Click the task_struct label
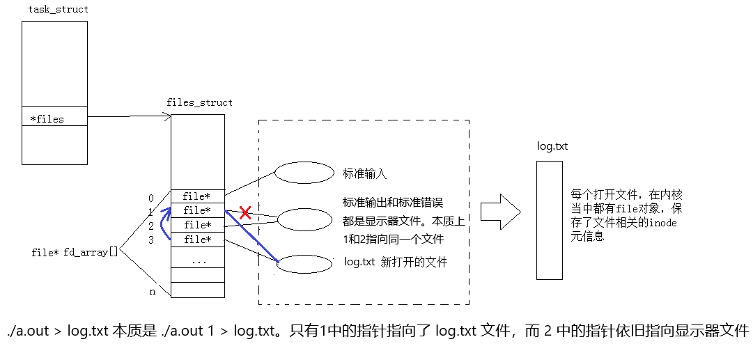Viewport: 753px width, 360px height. [58, 10]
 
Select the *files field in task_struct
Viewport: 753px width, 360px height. [47, 119]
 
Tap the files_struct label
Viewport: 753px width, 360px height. [199, 102]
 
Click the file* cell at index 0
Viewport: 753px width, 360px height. [198, 196]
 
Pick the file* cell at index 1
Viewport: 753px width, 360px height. [198, 210]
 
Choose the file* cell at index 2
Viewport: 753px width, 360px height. [198, 225]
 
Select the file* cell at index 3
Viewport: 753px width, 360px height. [198, 240]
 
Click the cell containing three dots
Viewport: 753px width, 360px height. [198, 261]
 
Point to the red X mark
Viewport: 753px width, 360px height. [245, 213]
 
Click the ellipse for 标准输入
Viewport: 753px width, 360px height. [304, 173]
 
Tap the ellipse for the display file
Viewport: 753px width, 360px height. [306, 220]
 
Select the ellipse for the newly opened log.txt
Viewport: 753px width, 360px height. [304, 264]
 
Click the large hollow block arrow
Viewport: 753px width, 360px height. [501, 211]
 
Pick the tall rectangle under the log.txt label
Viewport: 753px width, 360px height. [550, 220]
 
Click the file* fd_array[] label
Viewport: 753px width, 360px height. [75, 251]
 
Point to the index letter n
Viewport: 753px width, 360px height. [152, 292]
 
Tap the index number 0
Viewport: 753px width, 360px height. [151, 198]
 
